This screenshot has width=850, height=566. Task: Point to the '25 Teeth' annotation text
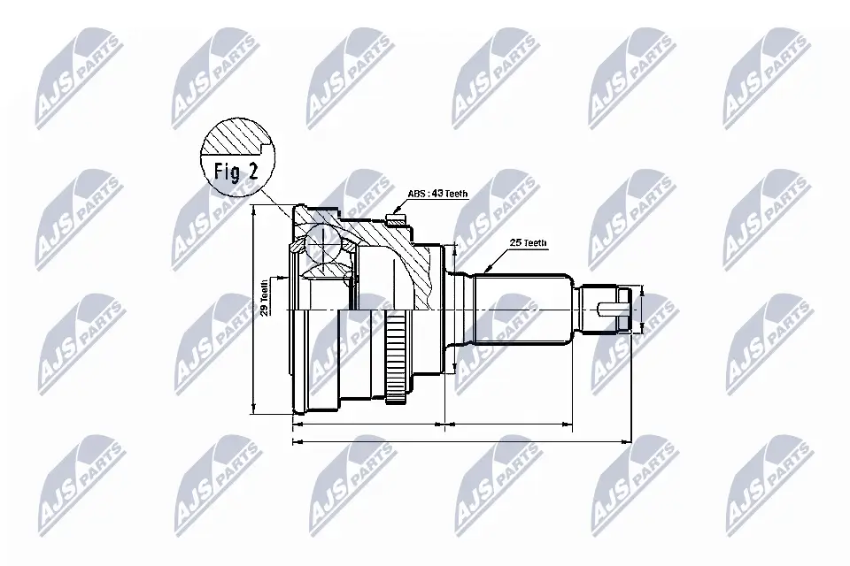[529, 242]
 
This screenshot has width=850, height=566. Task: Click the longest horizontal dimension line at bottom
[460, 440]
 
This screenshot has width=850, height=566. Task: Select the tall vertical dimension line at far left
[254, 309]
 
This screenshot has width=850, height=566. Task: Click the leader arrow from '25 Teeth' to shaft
[497, 258]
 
